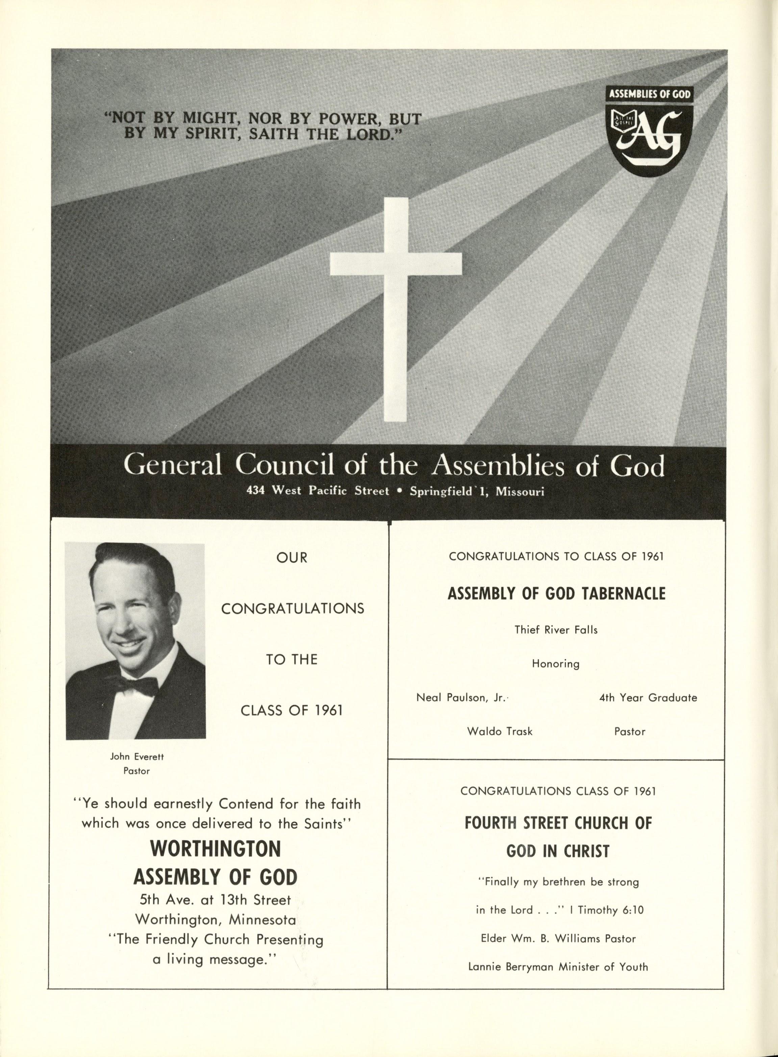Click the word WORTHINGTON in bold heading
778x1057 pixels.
click(x=215, y=849)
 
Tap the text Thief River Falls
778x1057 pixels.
click(x=556, y=630)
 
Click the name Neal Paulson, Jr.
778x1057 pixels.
click(x=460, y=698)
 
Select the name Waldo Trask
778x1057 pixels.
click(x=499, y=731)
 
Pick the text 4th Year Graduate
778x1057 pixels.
click(x=648, y=698)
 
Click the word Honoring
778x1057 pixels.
click(x=556, y=664)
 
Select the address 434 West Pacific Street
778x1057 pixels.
click(x=318, y=491)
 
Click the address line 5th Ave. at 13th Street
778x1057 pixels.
click(x=215, y=900)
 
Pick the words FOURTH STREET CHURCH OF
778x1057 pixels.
click(x=558, y=823)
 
